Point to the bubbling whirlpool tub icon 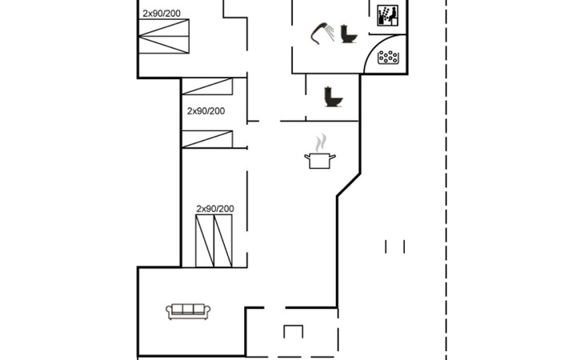point(388,57)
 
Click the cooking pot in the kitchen point(319,160)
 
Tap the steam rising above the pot point(320,142)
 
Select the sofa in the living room point(189,310)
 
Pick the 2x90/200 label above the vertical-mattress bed point(215,209)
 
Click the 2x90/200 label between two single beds point(206,111)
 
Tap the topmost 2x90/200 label point(162,14)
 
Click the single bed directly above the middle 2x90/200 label point(206,86)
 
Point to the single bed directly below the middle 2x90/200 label point(206,139)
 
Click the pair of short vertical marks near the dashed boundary point(395,246)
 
